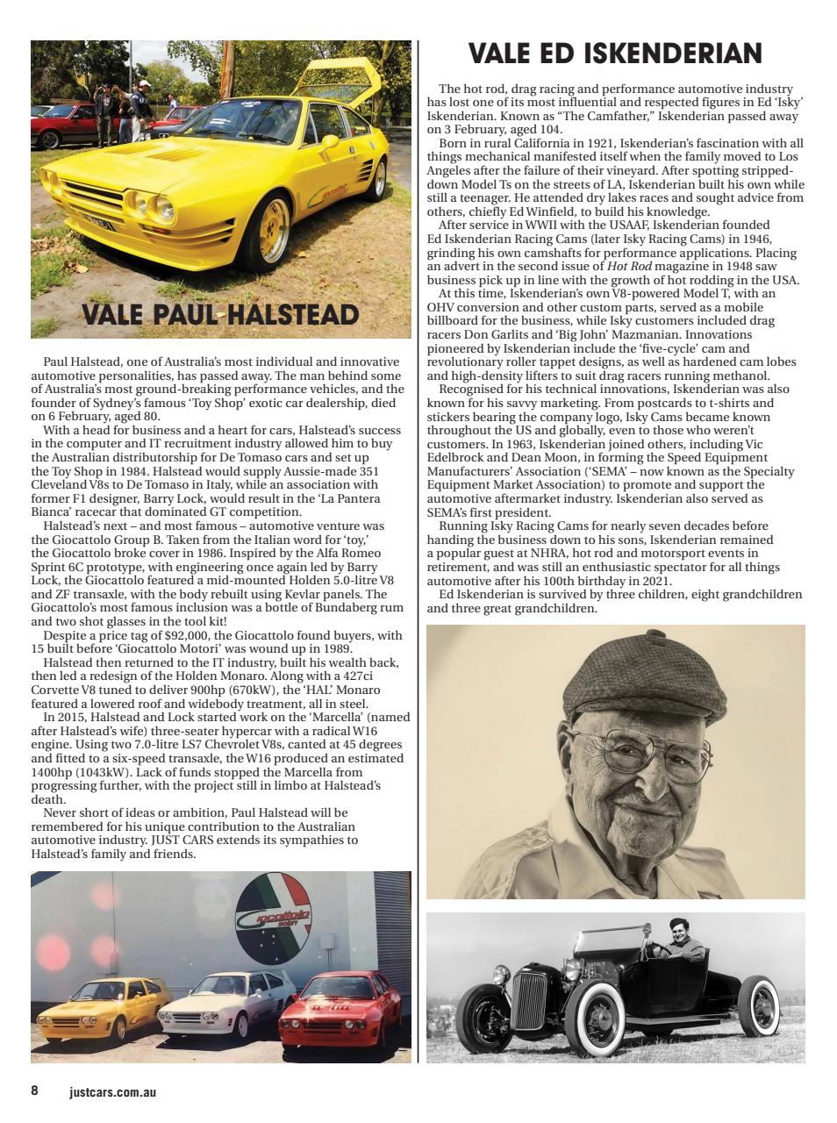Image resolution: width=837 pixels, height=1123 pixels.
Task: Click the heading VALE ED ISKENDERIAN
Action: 615,54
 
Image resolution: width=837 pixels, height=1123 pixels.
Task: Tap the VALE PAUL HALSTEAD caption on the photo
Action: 220,315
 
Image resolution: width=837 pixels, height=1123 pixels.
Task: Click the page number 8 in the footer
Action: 34,1091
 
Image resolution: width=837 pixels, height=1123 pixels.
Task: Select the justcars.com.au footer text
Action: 112,1092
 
